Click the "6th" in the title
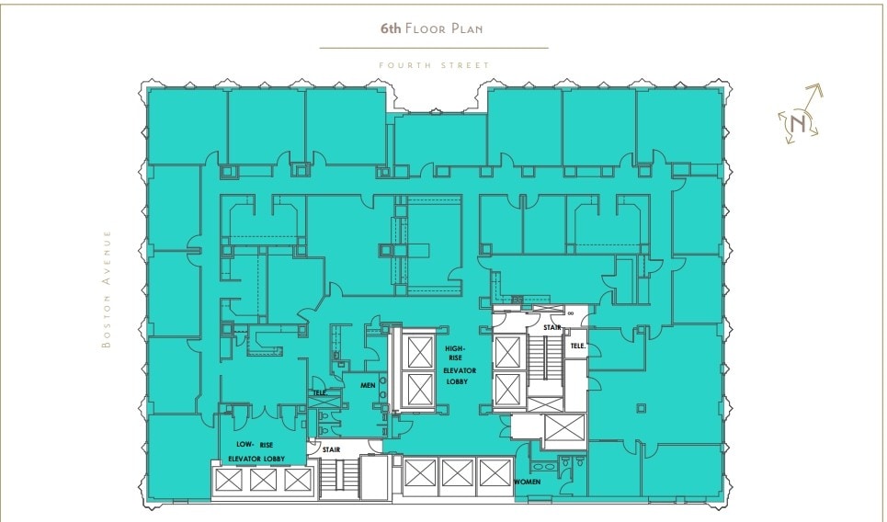[391, 28]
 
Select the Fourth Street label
[434, 65]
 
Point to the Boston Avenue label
[108, 289]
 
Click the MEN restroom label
[367, 385]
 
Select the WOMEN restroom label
[528, 482]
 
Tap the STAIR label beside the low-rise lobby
[331, 449]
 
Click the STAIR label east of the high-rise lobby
[552, 326]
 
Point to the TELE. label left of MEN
[319, 392]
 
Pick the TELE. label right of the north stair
[576, 346]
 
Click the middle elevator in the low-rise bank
[263, 479]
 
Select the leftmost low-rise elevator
[228, 479]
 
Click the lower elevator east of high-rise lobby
[508, 390]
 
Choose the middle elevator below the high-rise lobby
[456, 473]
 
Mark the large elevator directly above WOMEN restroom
[563, 429]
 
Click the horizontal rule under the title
[434, 48]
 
